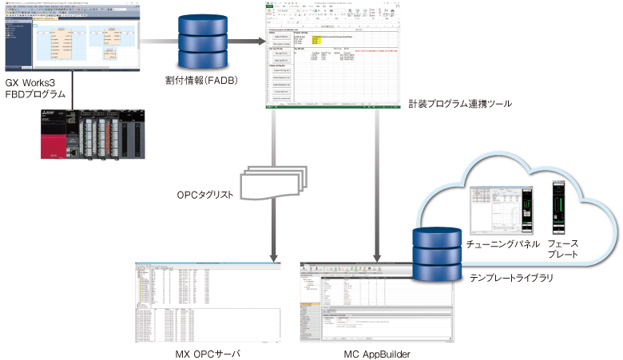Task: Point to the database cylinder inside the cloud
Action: point(435,252)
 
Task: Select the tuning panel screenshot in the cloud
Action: point(502,208)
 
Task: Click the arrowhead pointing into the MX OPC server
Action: point(274,255)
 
